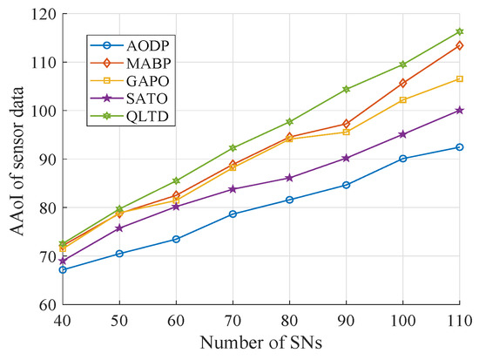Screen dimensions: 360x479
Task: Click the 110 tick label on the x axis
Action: click(460, 321)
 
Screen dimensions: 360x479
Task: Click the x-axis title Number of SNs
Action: click(260, 343)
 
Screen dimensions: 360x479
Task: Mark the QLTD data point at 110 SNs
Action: click(460, 32)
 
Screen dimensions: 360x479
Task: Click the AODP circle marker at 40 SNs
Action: click(63, 269)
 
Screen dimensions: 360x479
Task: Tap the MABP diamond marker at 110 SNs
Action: click(460, 45)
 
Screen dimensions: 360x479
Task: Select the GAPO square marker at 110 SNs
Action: click(460, 79)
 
